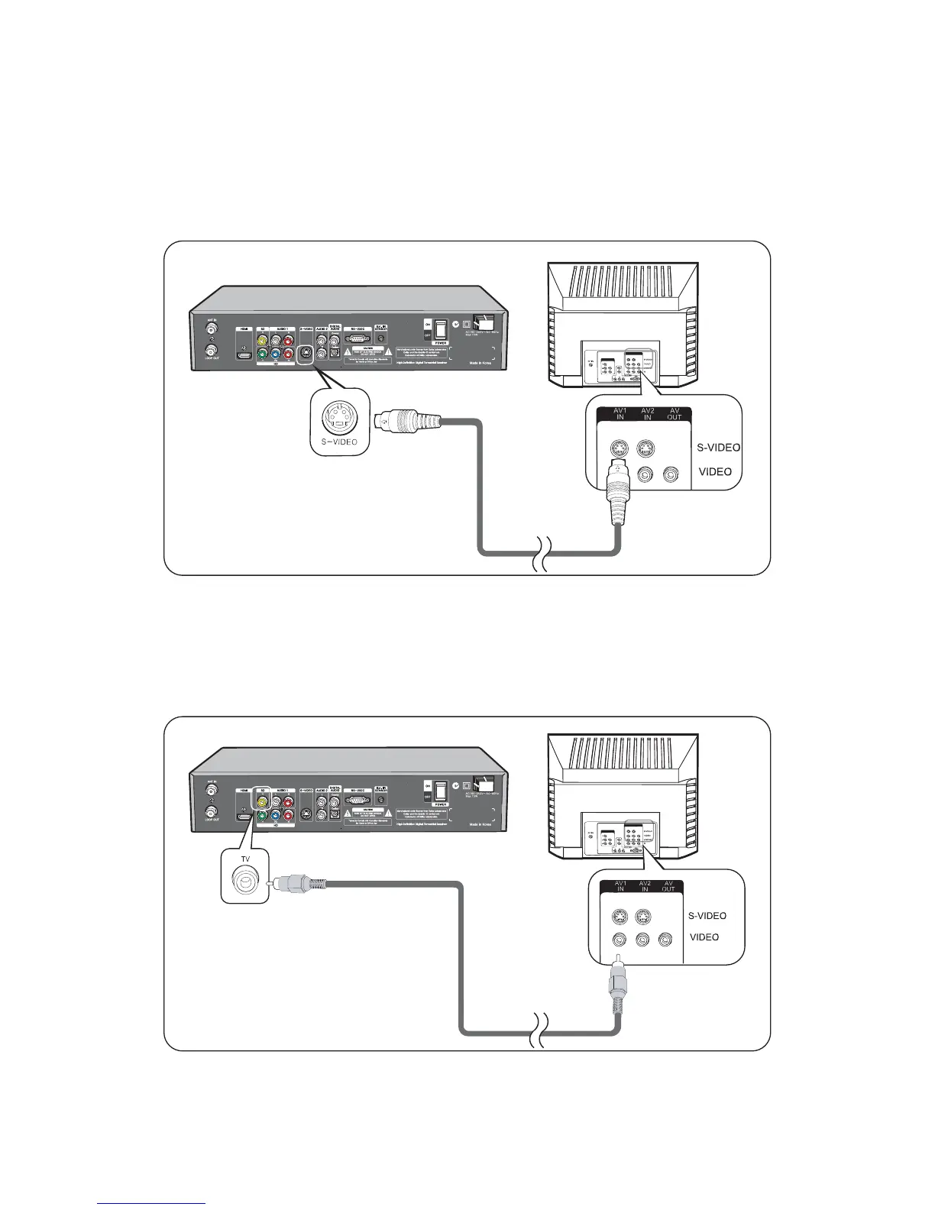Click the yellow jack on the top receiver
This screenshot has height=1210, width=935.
[263, 341]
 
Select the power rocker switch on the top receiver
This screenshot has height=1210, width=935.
[441, 329]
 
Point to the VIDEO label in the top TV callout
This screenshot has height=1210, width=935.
[715, 472]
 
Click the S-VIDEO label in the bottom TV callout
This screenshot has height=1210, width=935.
[707, 916]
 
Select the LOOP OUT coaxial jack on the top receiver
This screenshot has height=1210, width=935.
[211, 352]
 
